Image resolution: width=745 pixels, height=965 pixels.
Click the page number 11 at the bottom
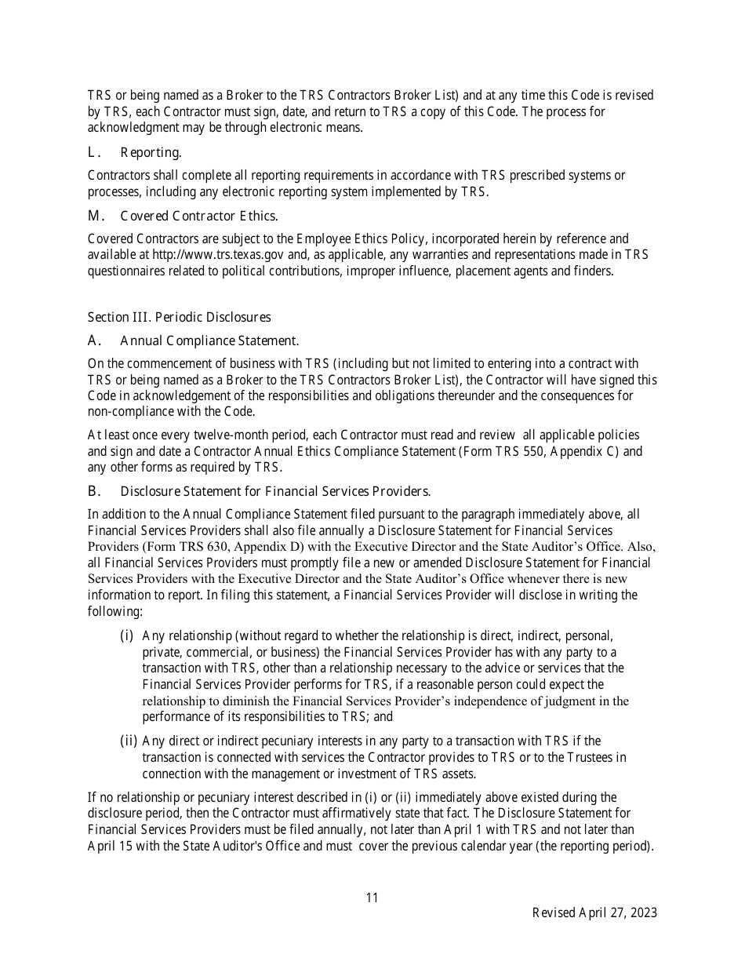coord(372,898)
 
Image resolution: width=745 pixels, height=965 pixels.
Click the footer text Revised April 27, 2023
coord(594,912)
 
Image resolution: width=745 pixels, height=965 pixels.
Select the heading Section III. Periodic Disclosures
coord(179,317)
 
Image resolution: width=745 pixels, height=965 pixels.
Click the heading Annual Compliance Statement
coord(209,340)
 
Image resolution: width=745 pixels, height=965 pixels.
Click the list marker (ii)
coord(129,741)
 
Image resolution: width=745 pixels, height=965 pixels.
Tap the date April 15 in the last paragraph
coord(110,845)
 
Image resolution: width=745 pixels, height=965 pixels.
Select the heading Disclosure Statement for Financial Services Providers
coord(275,491)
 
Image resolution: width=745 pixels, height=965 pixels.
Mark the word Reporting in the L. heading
coord(151,152)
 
